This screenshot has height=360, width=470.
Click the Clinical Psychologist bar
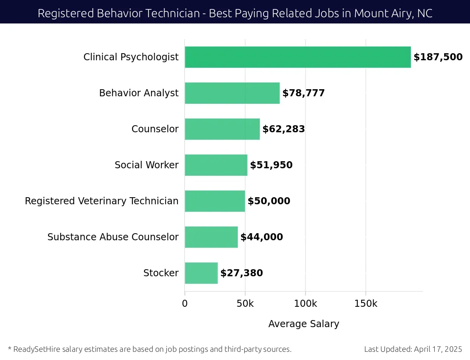tap(298, 57)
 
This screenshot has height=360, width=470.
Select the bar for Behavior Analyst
tap(232, 93)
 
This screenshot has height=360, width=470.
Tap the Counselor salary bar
tap(222, 129)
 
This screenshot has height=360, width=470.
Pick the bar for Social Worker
tap(216, 165)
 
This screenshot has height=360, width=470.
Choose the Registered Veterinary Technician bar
tap(215, 201)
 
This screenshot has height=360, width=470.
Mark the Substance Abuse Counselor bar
tap(211, 237)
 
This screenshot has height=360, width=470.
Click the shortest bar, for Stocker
tap(201, 273)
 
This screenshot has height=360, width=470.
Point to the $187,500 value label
tap(438, 57)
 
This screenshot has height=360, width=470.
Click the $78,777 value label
tap(304, 93)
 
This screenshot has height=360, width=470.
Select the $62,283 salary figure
tap(284, 129)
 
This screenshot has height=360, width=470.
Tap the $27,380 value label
tap(242, 273)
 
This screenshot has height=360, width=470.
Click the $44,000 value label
tap(262, 237)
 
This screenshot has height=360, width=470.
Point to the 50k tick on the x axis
tap(245, 304)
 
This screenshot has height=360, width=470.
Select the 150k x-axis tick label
tap(366, 304)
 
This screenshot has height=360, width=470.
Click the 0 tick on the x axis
tap(185, 304)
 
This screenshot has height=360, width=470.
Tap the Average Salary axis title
tap(304, 324)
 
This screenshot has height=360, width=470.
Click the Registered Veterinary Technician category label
tap(101, 201)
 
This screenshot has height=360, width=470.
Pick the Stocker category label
tap(161, 273)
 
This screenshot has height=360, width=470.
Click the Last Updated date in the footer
tap(413, 349)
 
